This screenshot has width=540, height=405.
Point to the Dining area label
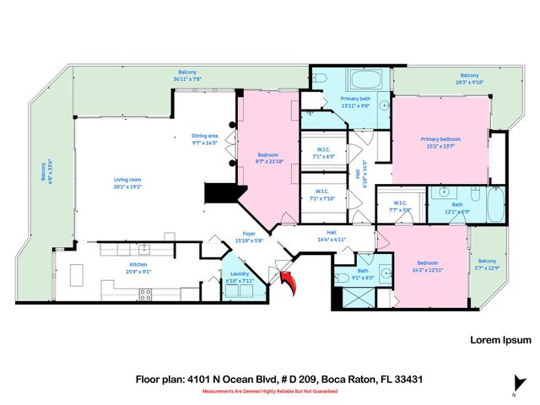coord(204,139)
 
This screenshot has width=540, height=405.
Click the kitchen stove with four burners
coord(144,294)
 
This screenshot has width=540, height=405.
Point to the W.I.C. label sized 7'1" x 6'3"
coord(324,153)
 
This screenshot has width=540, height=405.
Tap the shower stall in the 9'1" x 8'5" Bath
coord(348,300)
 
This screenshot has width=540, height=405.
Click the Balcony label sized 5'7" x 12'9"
coord(488,264)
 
